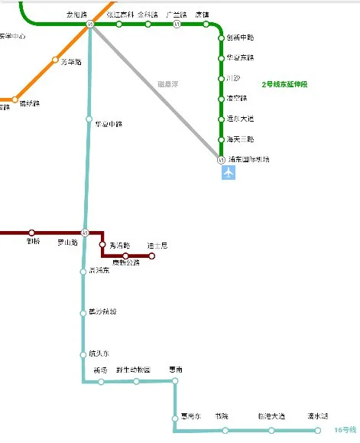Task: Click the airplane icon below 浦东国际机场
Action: click(x=228, y=173)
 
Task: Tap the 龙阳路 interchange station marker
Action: click(x=90, y=24)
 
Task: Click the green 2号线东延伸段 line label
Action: click(x=289, y=84)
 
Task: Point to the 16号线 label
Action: click(x=345, y=430)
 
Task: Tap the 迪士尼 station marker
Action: click(x=151, y=256)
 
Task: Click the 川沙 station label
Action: click(x=234, y=78)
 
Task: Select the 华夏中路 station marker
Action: click(x=89, y=119)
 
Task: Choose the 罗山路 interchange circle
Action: click(x=86, y=233)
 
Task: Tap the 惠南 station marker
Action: click(x=175, y=380)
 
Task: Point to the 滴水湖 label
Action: click(x=317, y=416)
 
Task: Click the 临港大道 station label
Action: click(x=271, y=416)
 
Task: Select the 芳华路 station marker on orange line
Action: click(x=55, y=60)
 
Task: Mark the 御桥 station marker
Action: click(x=32, y=233)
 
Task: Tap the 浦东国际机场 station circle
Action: click(x=221, y=160)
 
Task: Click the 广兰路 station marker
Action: click(x=177, y=24)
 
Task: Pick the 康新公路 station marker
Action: click(x=126, y=256)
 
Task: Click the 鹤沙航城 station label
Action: click(x=102, y=311)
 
